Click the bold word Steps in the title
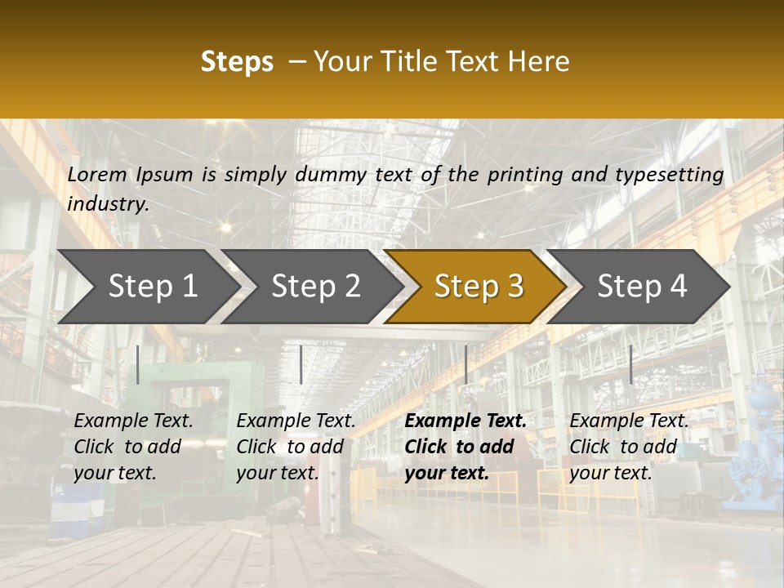tap(237, 62)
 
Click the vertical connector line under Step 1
tap(138, 364)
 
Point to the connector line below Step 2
tap(301, 364)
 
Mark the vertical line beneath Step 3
tap(465, 364)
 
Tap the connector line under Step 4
tap(630, 364)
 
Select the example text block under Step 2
tap(296, 447)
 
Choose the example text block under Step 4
tap(629, 447)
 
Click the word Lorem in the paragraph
tap(97, 174)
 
